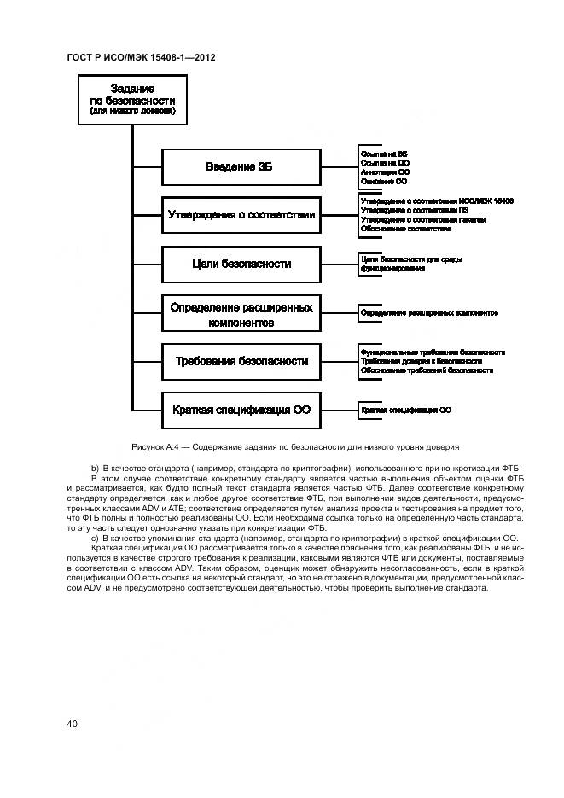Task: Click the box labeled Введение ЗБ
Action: pyautogui.click(x=241, y=166)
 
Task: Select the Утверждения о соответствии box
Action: pyautogui.click(x=241, y=215)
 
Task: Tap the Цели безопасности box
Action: pyautogui.click(x=241, y=264)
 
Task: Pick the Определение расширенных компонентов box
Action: pyautogui.click(x=241, y=314)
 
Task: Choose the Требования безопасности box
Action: pyautogui.click(x=241, y=362)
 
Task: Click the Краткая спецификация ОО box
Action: pyautogui.click(x=241, y=410)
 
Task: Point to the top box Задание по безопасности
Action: pyautogui.click(x=132, y=100)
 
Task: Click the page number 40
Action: pyautogui.click(x=73, y=724)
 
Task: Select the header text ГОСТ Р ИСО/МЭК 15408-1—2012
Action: pyautogui.click(x=141, y=57)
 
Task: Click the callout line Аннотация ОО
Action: pyautogui.click(x=385, y=172)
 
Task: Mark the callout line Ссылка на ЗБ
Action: pyautogui.click(x=384, y=152)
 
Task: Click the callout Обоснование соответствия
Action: pyautogui.click(x=406, y=229)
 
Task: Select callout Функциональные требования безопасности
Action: pyautogui.click(x=433, y=352)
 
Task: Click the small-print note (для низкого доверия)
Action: pyautogui.click(x=132, y=111)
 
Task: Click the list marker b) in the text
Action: pyautogui.click(x=95, y=469)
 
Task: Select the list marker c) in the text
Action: pyautogui.click(x=95, y=538)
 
